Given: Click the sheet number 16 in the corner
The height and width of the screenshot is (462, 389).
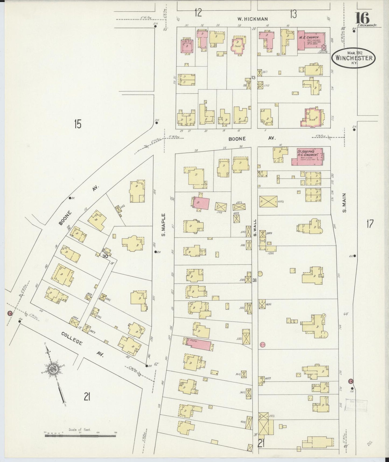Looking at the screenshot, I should (363, 18).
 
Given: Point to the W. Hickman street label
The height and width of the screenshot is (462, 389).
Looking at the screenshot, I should (252, 19).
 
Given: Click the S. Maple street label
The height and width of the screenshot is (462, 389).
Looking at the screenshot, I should (164, 225).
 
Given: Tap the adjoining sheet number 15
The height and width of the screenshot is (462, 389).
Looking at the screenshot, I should (78, 124).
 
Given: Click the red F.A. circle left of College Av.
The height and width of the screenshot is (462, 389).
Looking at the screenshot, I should (10, 313).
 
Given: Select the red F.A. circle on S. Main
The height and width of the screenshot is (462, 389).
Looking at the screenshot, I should (351, 381).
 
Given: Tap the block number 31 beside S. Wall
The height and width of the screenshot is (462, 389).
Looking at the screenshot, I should (254, 280).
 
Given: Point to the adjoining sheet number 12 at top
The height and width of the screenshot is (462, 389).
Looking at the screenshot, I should (198, 13).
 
